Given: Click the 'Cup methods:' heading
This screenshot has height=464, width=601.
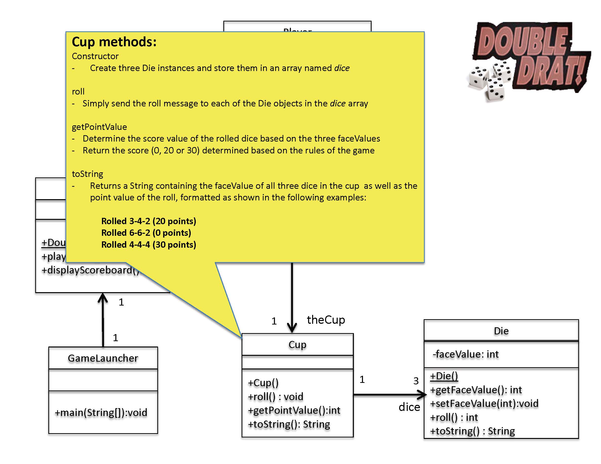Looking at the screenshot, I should click(114, 42).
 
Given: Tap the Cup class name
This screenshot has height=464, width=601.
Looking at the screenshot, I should click(297, 344).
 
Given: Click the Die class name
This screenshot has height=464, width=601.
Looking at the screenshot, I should click(501, 331).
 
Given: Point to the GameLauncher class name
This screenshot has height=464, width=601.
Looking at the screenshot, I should click(103, 358).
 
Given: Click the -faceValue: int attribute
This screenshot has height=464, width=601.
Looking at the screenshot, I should click(466, 354).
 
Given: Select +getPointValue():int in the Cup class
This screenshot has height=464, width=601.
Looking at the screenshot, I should click(294, 410).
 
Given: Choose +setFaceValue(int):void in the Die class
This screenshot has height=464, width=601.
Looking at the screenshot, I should click(484, 404).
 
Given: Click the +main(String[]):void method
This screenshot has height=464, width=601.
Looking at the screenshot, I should click(101, 412).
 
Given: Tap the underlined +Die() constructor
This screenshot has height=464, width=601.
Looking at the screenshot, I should click(444, 376).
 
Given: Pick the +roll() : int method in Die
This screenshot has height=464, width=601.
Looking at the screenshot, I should click(454, 417).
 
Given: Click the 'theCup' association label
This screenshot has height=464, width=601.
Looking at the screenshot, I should click(326, 320).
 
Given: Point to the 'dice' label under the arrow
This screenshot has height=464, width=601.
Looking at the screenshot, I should click(409, 407).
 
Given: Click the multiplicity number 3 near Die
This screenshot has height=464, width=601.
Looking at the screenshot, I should click(416, 381).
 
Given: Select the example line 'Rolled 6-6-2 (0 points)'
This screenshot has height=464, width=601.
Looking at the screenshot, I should click(146, 233).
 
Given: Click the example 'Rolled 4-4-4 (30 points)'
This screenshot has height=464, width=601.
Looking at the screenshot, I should click(148, 245).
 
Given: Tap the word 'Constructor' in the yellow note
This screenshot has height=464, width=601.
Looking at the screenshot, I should click(95, 56).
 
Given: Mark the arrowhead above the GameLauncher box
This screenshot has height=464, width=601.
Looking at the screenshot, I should click(103, 298).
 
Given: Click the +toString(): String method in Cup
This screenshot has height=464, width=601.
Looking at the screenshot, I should click(289, 424).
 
